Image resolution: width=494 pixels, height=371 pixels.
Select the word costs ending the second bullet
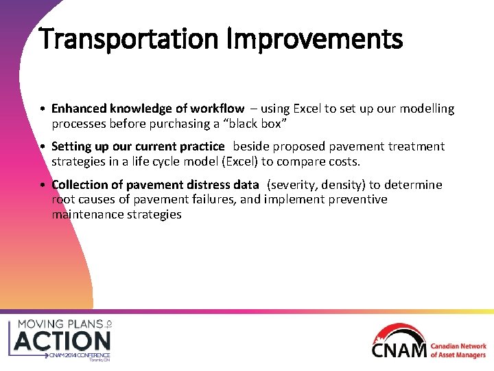point(343,161)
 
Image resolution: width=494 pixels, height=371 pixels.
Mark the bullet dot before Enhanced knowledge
point(43,109)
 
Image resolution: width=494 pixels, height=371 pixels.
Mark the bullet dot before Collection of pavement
point(43,185)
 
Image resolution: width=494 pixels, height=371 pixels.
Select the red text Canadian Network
point(458,347)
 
